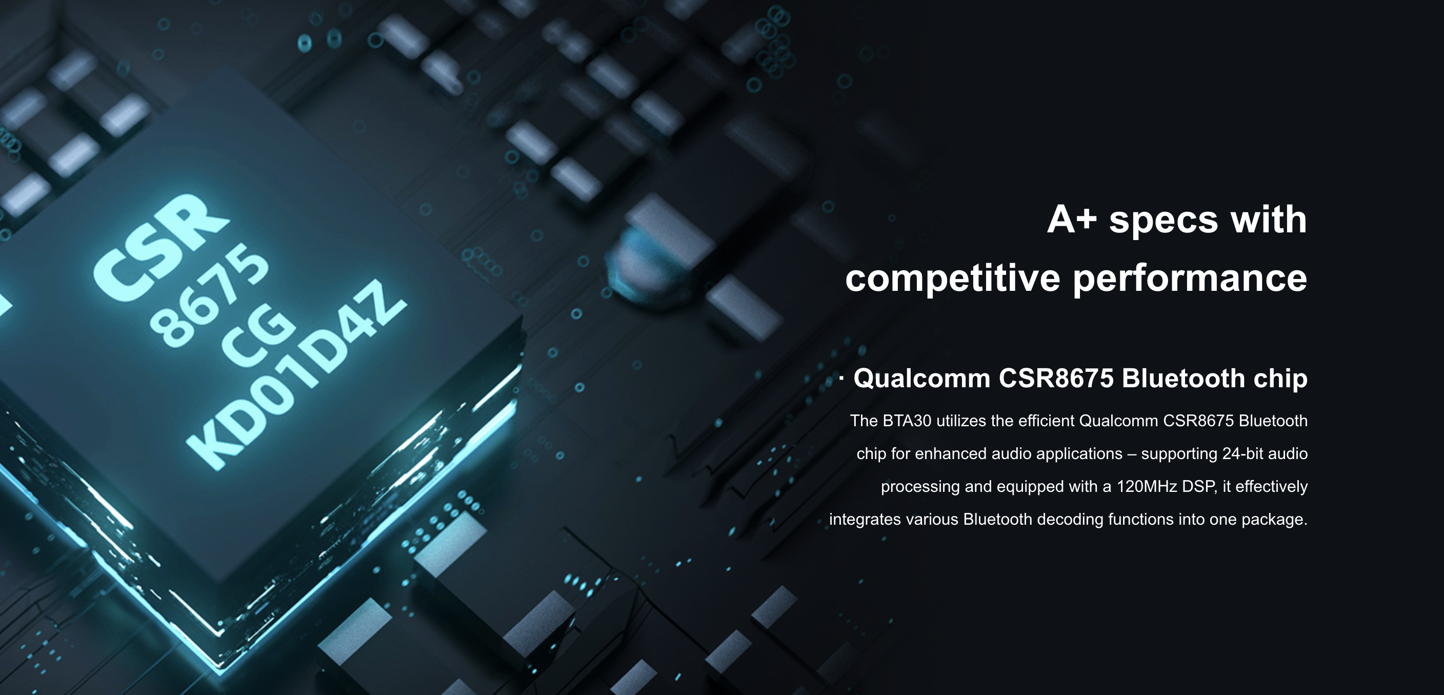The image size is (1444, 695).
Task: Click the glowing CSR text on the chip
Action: (162, 247)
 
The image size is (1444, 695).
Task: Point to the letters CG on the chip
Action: (258, 336)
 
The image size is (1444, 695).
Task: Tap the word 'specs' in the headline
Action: (1164, 221)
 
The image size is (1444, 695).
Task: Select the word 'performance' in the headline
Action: (1190, 278)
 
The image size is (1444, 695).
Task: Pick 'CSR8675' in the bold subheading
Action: (1056, 379)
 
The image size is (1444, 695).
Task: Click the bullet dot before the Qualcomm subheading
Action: (841, 380)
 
